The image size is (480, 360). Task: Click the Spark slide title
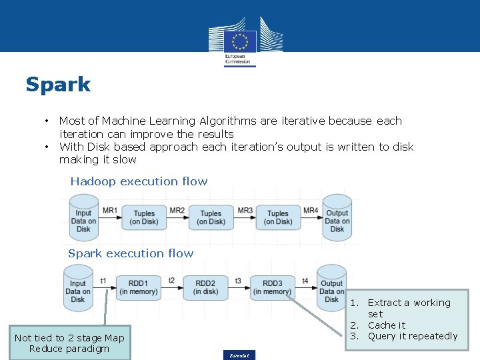click(x=58, y=85)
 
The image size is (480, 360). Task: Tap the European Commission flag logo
click(x=239, y=41)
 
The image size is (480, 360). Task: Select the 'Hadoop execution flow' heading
click(x=139, y=181)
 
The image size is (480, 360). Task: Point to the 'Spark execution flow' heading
click(x=131, y=253)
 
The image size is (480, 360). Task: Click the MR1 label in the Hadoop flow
click(x=110, y=211)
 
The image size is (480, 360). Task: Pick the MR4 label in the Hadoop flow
click(x=311, y=211)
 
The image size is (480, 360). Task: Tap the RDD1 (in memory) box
click(x=139, y=287)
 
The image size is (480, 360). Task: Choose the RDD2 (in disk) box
click(x=205, y=287)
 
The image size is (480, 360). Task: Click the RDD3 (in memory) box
click(x=272, y=287)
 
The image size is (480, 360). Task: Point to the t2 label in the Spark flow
click(x=172, y=281)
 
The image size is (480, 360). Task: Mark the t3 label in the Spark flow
click(x=239, y=281)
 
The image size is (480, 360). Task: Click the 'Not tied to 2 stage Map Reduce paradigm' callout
click(x=69, y=343)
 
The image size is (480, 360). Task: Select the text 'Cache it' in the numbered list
click(x=387, y=325)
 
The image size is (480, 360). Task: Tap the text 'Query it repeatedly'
click(x=413, y=336)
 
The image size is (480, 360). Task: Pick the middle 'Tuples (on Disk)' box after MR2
click(x=211, y=218)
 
